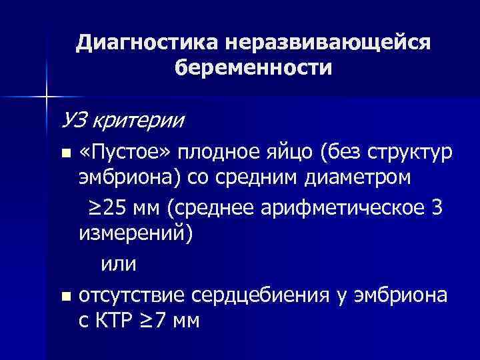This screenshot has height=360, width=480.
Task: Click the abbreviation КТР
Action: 118,321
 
